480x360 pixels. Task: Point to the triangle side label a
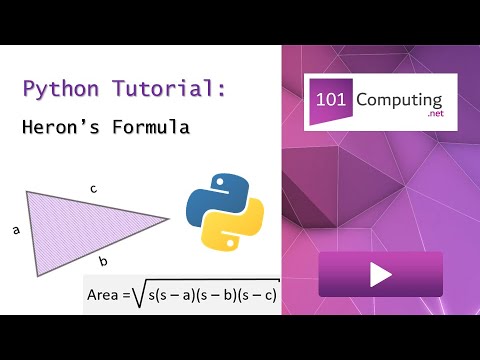[16, 230]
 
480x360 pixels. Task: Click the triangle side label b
[103, 261]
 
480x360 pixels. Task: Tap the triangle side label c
[92, 188]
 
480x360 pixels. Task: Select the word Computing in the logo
[406, 103]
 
